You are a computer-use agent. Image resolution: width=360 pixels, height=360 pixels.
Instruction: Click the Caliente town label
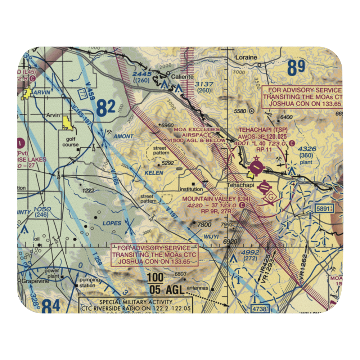click(182, 77)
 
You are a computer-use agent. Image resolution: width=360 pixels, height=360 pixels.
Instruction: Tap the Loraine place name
click(246, 57)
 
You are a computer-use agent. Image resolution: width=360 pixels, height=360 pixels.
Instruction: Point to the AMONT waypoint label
click(123, 136)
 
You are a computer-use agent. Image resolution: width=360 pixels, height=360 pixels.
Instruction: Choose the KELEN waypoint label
click(154, 173)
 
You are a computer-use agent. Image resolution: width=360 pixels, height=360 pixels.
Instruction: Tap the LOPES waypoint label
click(112, 223)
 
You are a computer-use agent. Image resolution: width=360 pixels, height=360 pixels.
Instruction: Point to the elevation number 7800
click(204, 224)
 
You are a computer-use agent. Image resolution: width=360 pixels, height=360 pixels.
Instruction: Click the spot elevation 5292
click(168, 163)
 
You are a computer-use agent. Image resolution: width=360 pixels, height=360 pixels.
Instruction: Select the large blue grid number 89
click(296, 68)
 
